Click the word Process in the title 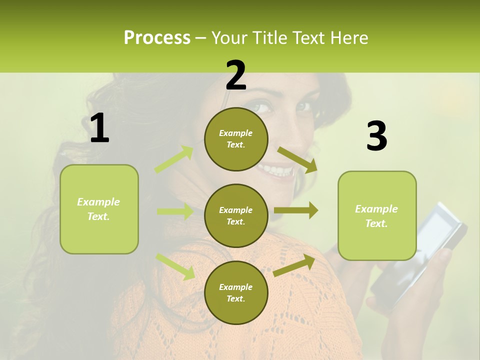coord(157,37)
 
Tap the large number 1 coord(99,128)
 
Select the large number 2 coord(235,75)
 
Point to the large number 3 coord(376,136)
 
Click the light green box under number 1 coord(99,209)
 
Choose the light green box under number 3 coord(377,215)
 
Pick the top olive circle coord(236,139)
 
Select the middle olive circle coord(236,215)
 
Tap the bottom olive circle coord(236,292)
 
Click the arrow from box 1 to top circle coord(174,159)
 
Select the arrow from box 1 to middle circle coord(175,211)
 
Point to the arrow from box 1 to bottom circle coord(175,266)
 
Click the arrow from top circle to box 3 coord(297,159)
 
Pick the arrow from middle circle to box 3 coord(296,210)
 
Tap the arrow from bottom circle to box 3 coord(294,265)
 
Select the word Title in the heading coord(272,37)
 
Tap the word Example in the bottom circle coord(235,287)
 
